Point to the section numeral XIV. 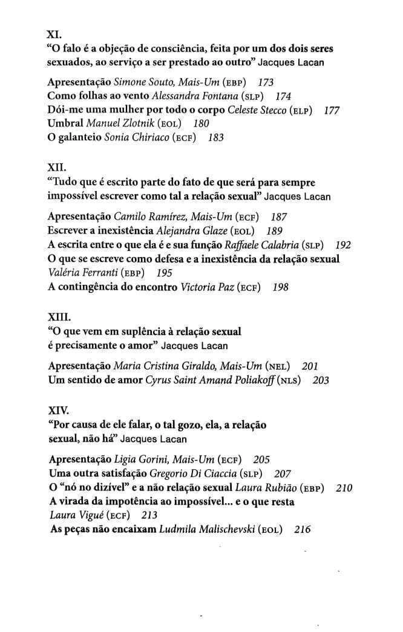58,411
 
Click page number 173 266,81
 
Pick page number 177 332,109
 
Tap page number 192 342,245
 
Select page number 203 321,380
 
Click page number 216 303,529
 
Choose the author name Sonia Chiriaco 136,137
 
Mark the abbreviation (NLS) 291,380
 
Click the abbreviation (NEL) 278,366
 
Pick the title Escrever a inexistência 100,230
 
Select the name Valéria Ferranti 82,273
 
